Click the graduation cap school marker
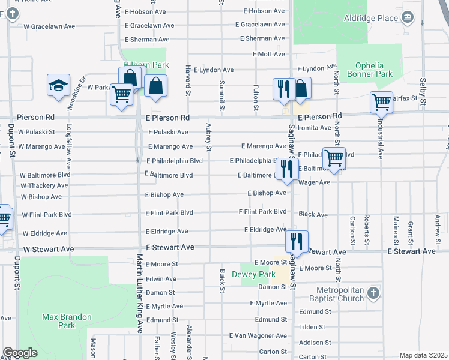58,86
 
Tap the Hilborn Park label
146,65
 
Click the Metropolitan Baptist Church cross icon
372,293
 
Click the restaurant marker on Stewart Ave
297,242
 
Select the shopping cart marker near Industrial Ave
381,103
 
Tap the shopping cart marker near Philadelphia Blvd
334,158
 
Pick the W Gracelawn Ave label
49,26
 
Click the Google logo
20,353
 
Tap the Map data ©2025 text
423,355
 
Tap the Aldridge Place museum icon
408,16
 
